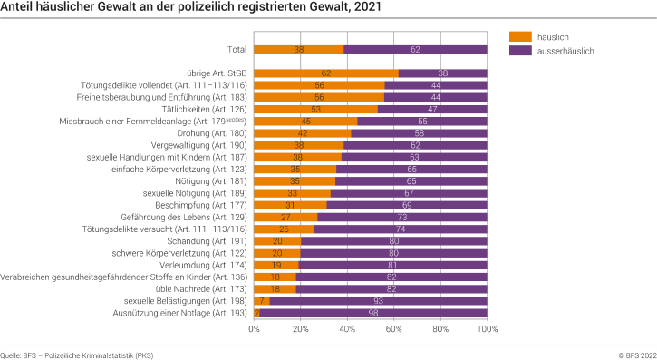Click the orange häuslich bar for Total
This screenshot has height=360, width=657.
(x=298, y=51)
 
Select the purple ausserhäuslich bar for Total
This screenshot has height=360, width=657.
(x=415, y=51)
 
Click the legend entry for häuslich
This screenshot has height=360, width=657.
(x=549, y=37)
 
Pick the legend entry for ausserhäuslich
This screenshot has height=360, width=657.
(x=562, y=52)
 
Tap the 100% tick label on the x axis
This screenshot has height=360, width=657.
(x=487, y=329)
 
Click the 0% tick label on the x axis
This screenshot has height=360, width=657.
(x=255, y=329)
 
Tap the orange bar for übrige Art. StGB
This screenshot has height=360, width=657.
(x=325, y=73)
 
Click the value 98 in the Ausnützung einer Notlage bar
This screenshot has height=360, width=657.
(x=372, y=313)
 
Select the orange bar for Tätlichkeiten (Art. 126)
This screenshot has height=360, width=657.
(x=315, y=109)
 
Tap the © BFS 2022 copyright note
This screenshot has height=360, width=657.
(x=627, y=354)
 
